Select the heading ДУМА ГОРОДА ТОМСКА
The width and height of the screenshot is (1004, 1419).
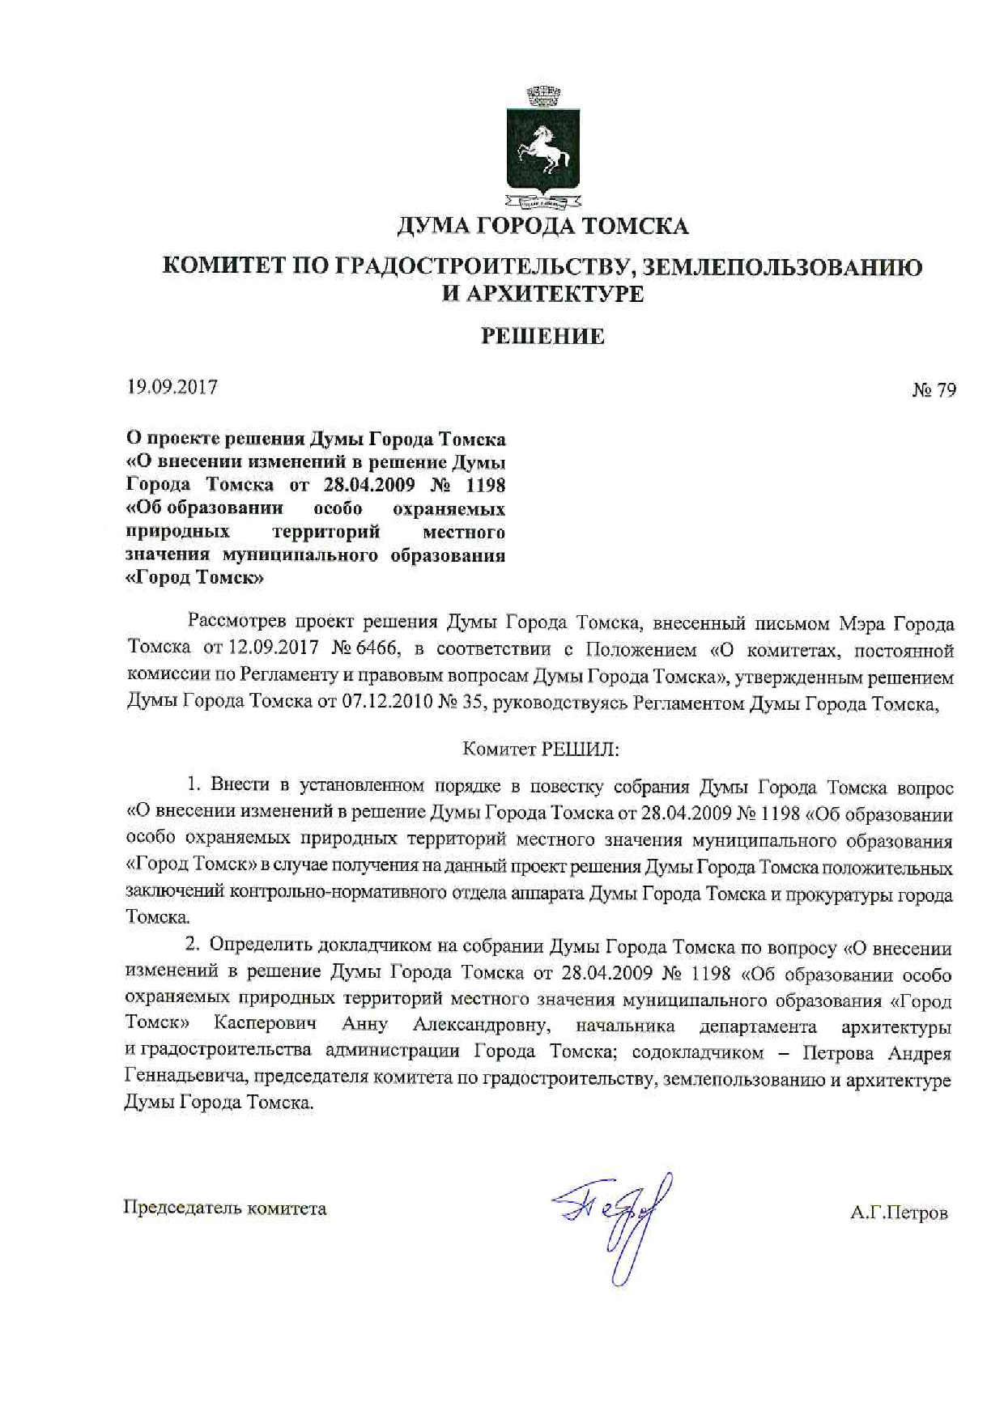click(542, 226)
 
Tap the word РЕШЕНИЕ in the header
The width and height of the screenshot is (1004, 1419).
click(542, 336)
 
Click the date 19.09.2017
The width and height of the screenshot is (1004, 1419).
click(172, 387)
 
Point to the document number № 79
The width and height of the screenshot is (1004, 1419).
click(934, 390)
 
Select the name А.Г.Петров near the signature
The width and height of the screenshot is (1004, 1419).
click(899, 1213)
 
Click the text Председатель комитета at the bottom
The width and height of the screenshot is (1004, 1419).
click(225, 1209)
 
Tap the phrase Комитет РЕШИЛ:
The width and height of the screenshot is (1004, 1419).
click(541, 749)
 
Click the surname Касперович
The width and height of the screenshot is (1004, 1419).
click(266, 1024)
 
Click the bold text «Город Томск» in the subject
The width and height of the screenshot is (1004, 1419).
click(195, 578)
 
